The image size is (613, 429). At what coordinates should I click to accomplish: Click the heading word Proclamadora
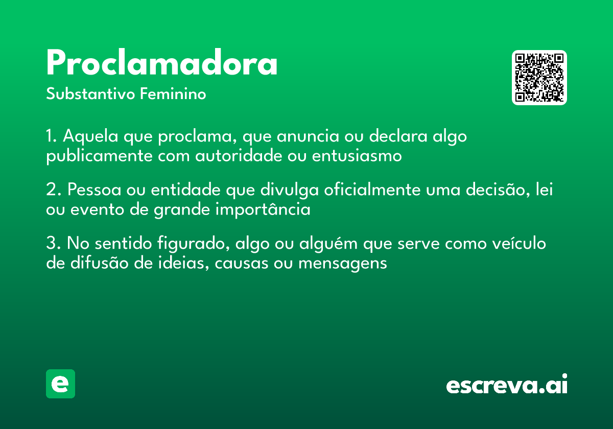pyautogui.click(x=162, y=64)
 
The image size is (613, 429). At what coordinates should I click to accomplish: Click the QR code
pyautogui.click(x=539, y=78)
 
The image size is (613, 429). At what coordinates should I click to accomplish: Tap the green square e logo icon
pyautogui.click(x=60, y=384)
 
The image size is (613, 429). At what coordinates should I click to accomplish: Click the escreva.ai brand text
pyautogui.click(x=507, y=385)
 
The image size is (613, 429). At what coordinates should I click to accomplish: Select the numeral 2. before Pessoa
pyautogui.click(x=54, y=190)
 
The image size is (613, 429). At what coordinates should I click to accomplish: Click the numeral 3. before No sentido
pyautogui.click(x=54, y=244)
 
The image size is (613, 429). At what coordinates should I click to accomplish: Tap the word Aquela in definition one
pyautogui.click(x=88, y=137)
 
